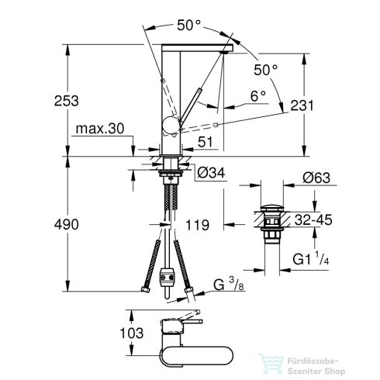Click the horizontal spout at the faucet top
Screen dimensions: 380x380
point(194,49)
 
